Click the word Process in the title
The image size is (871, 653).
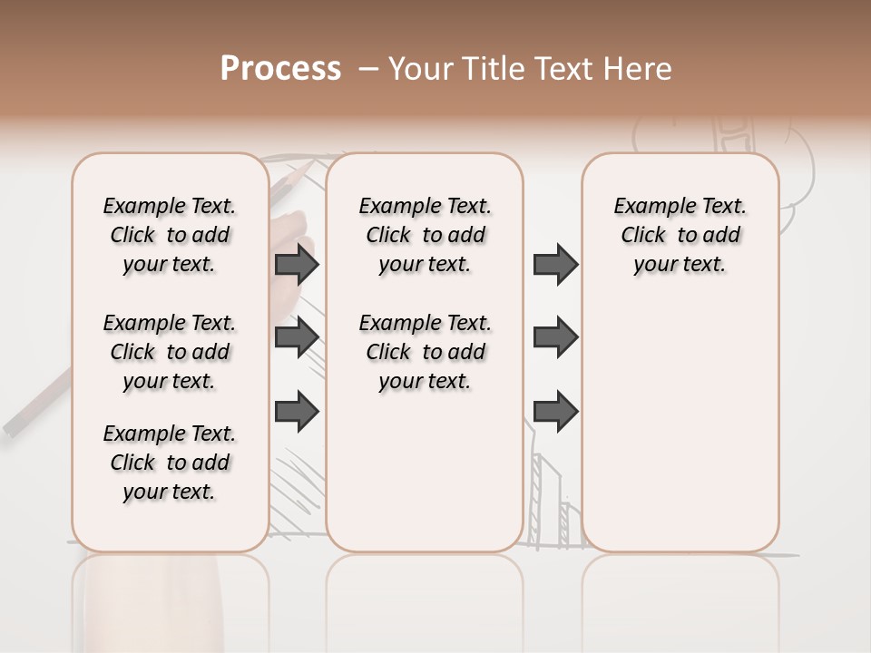pyautogui.click(x=280, y=69)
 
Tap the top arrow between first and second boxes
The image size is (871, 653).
pyautogui.click(x=297, y=265)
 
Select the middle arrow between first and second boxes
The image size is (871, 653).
pyautogui.click(x=297, y=336)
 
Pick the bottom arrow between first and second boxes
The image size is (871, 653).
pyautogui.click(x=297, y=411)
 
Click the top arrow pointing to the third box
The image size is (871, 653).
pyautogui.click(x=555, y=265)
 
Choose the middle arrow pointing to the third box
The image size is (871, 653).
pyautogui.click(x=555, y=336)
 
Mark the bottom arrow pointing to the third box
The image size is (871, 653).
pyautogui.click(x=555, y=411)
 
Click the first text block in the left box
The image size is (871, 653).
pyautogui.click(x=170, y=235)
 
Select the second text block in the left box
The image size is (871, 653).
pyautogui.click(x=170, y=352)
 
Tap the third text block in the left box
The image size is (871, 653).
pyautogui.click(x=170, y=463)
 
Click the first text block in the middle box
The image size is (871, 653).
pyautogui.click(x=425, y=235)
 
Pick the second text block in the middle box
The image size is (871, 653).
pyautogui.click(x=425, y=352)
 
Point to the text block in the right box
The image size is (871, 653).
pyautogui.click(x=680, y=235)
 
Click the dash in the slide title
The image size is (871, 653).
pyautogui.click(x=368, y=69)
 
